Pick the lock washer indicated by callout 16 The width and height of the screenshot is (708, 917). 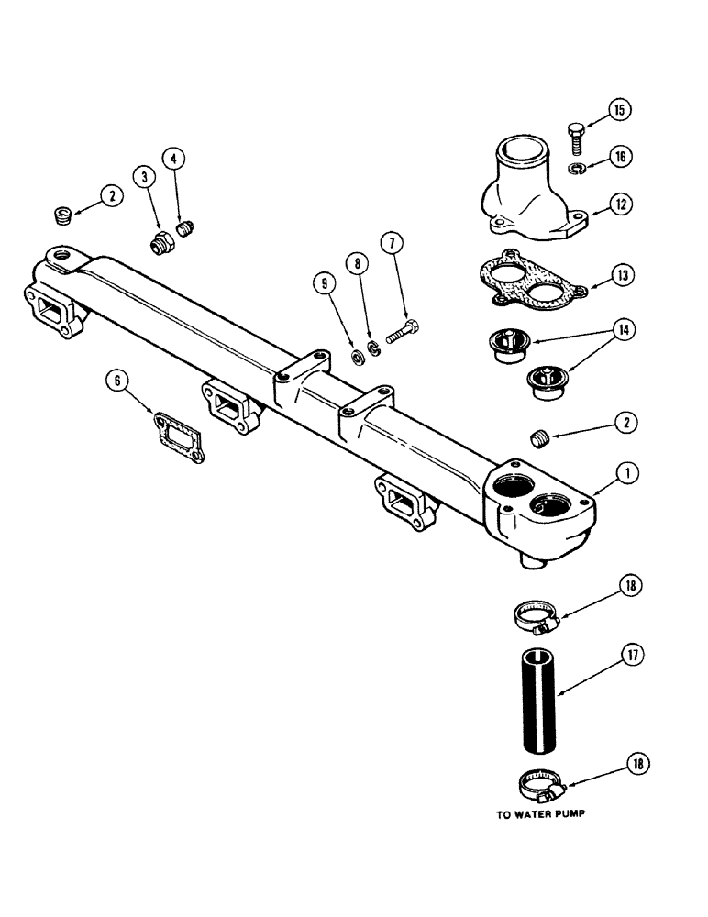(x=576, y=166)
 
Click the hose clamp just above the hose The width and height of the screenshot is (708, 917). (x=537, y=618)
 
